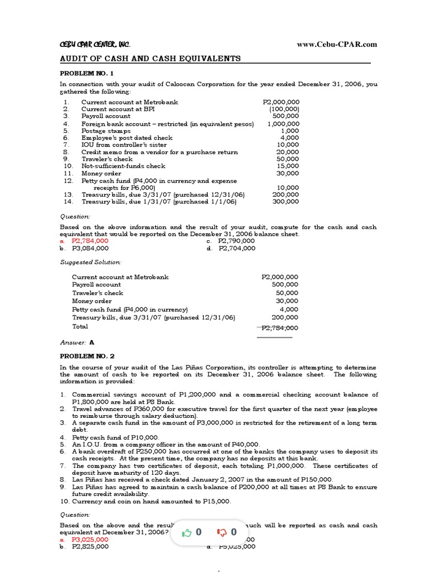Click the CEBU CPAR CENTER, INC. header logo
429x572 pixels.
click(x=95, y=45)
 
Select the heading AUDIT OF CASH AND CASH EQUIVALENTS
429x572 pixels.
click(x=150, y=59)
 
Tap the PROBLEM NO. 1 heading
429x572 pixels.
click(x=87, y=73)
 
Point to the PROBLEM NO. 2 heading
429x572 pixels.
click(x=87, y=355)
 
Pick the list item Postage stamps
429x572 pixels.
click(x=106, y=131)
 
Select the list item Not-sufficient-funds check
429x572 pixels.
click(x=123, y=166)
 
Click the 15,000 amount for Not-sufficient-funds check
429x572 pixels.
click(x=288, y=166)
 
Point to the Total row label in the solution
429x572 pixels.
click(x=80, y=326)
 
